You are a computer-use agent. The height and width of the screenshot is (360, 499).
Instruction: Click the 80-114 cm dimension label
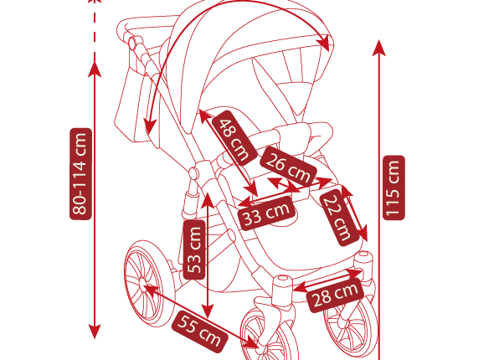[81, 174]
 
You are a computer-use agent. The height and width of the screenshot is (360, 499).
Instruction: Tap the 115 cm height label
[394, 188]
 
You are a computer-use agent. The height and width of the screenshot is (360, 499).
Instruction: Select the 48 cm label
[234, 138]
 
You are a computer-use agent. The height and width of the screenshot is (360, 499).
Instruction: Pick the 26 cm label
[288, 166]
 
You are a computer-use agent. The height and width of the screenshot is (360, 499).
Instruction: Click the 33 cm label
[267, 213]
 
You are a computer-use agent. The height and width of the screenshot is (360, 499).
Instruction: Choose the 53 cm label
[194, 249]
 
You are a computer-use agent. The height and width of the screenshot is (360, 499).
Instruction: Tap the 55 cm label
[199, 332]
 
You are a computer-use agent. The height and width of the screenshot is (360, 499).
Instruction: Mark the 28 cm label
[335, 296]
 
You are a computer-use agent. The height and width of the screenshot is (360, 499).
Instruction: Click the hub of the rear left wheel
[142, 283]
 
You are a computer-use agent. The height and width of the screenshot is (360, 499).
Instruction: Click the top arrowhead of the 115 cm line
[379, 48]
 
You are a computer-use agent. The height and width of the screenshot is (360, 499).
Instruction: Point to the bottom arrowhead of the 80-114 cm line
[95, 332]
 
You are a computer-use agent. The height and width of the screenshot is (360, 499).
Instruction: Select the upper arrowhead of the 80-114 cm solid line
[95, 69]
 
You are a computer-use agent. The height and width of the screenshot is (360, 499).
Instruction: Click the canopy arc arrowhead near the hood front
[324, 44]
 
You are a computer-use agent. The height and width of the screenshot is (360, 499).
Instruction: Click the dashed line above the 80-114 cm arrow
[95, 31]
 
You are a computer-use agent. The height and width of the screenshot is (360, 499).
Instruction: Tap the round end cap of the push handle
[133, 43]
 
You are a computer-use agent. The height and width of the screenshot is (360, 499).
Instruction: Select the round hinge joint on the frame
[193, 173]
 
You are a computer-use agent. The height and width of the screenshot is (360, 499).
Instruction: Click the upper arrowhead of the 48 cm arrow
[204, 116]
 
